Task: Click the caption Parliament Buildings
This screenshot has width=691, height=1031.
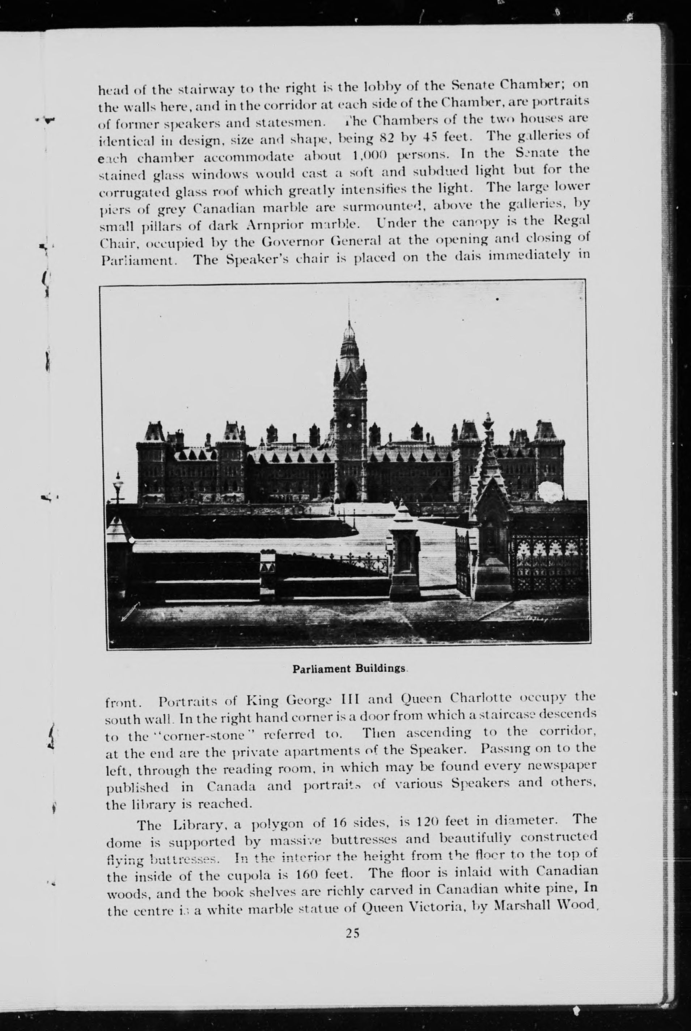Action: tap(349, 669)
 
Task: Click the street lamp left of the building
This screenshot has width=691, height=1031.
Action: tap(118, 487)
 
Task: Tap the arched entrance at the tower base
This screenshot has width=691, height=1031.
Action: tap(350, 490)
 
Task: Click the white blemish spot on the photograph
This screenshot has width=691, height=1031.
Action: tap(550, 491)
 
